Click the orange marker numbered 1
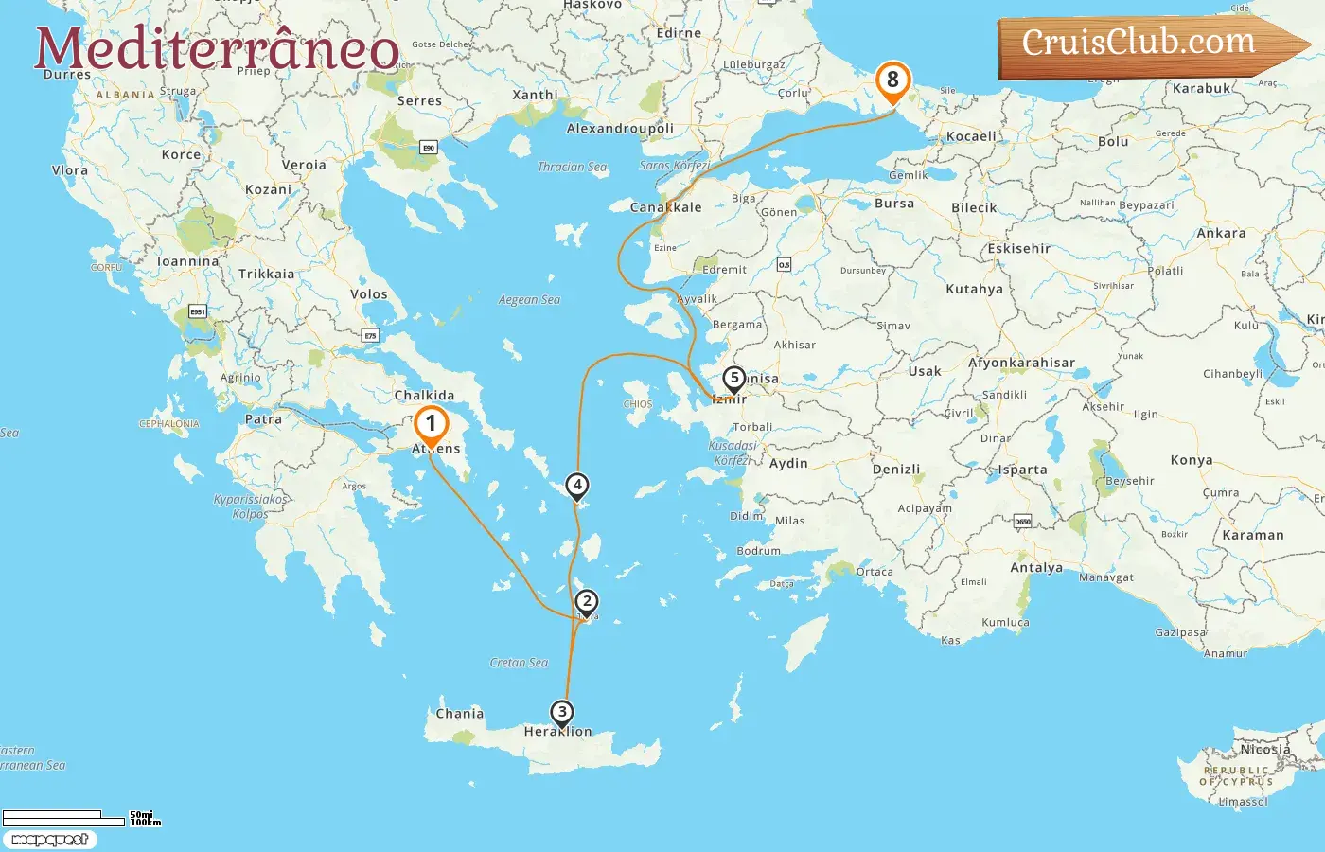[x=431, y=424]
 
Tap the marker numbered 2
[x=587, y=601]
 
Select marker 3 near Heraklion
[x=562, y=712]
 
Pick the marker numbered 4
[x=576, y=485]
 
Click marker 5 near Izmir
[x=733, y=378]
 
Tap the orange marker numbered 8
[x=892, y=80]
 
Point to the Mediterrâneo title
[x=217, y=48]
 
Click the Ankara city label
[x=1221, y=233]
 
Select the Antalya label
[x=1036, y=568]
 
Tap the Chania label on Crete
[x=459, y=714]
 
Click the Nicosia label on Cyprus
[x=1265, y=749]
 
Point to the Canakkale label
[x=666, y=207]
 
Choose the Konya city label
[x=1192, y=460]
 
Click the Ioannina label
[x=187, y=261]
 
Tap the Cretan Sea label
[x=519, y=663]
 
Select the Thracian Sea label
[x=572, y=168]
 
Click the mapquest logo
[x=49, y=840]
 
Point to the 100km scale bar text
[x=146, y=823]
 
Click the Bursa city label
[x=894, y=204]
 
